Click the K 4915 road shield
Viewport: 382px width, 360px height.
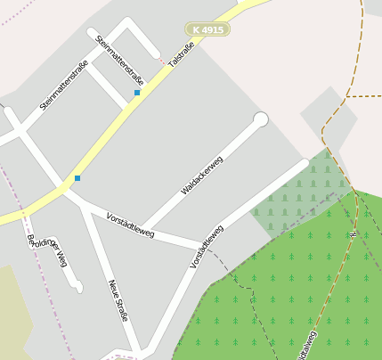tap(207, 29)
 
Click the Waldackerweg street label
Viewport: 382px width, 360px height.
tap(201, 175)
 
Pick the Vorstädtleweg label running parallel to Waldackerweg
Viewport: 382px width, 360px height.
tap(207, 247)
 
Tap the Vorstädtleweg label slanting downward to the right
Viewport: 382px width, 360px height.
tap(130, 226)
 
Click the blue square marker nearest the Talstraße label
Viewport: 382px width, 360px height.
tap(137, 93)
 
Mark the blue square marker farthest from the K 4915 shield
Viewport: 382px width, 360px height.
tap(77, 178)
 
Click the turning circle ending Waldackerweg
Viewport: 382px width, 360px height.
tap(261, 119)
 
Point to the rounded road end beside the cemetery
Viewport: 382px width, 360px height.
tap(304, 164)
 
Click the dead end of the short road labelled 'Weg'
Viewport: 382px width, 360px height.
tap(78, 287)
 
